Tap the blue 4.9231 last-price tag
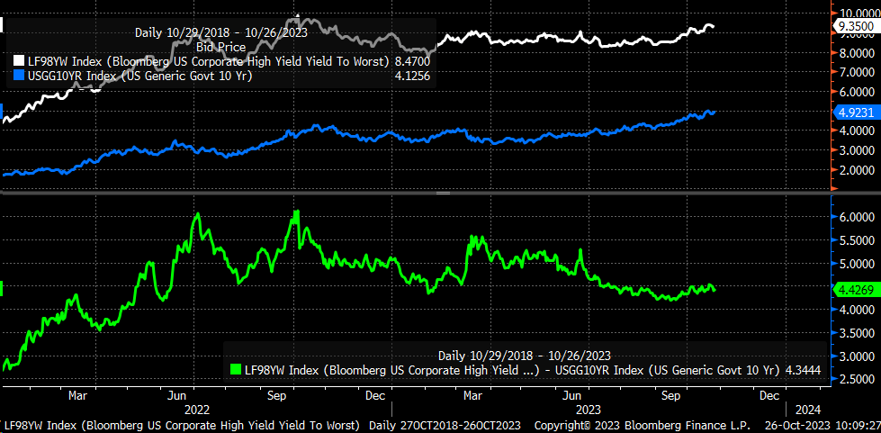click(x=851, y=113)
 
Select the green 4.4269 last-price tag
click(x=851, y=290)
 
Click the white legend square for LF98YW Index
click(x=19, y=61)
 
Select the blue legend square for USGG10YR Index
click(x=19, y=76)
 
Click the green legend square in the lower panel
click(x=237, y=368)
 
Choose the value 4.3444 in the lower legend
click(x=801, y=368)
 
